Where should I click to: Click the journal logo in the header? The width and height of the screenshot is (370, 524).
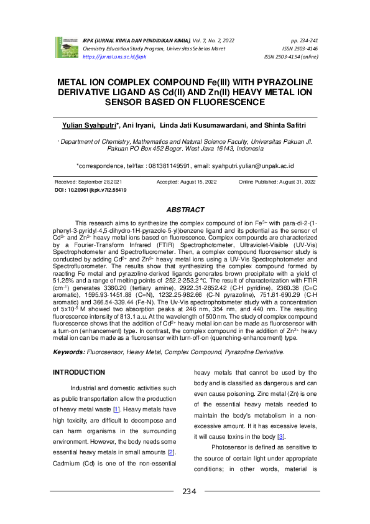click(x=65, y=45)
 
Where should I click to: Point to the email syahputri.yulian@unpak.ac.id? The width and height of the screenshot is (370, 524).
click(x=253, y=166)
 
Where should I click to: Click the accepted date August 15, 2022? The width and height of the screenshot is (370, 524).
click(x=195, y=181)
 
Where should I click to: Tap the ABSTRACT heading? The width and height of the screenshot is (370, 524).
click(x=185, y=210)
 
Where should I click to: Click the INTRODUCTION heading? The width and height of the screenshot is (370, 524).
click(x=79, y=372)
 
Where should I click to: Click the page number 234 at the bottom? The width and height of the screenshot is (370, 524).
click(x=189, y=492)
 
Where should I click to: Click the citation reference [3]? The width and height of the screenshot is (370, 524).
click(x=281, y=437)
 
